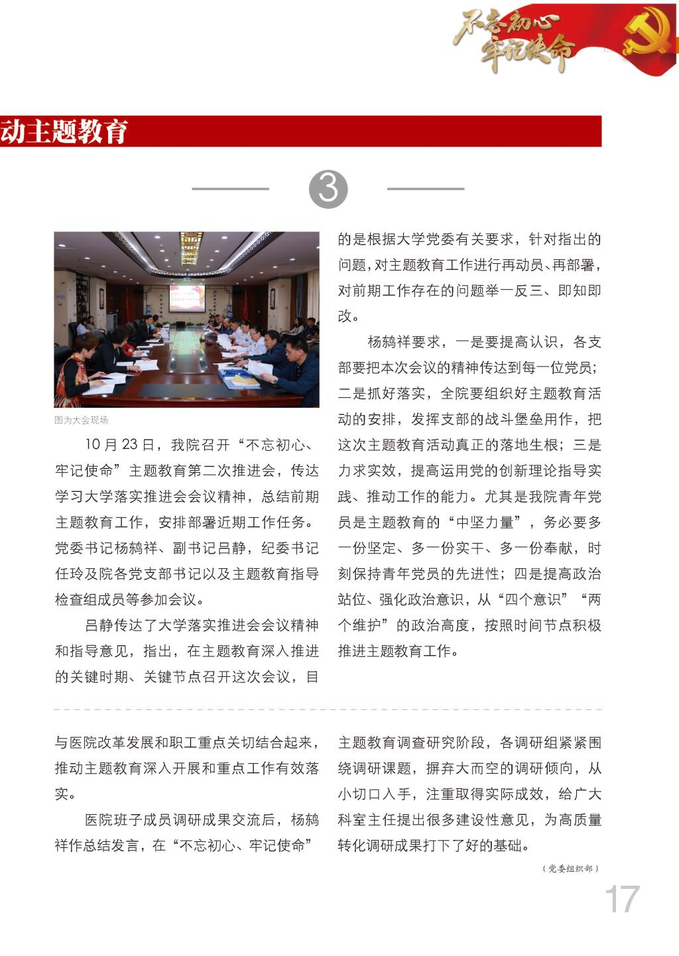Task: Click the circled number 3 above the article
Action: pos(328,190)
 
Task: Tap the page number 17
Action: pos(622,900)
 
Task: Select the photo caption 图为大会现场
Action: pos(82,420)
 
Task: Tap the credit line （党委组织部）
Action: pos(570,868)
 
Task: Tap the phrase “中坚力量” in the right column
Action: pos(485,522)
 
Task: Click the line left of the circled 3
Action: pos(230,189)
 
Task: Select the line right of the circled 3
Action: pos(425,189)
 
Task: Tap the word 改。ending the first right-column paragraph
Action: pos(349,316)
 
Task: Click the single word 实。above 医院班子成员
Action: pos(66,794)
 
